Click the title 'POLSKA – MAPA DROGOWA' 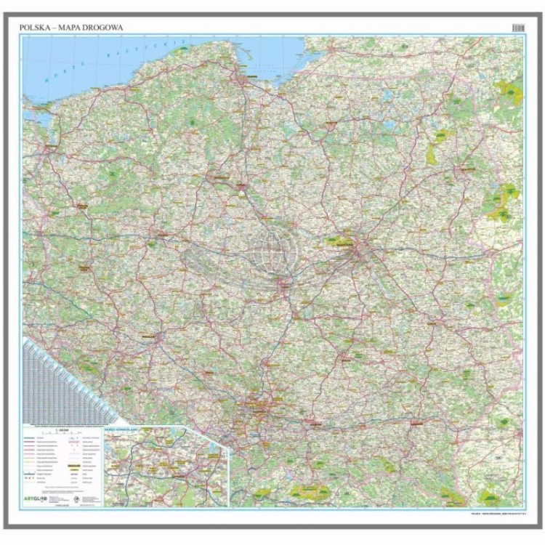point(72,28)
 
